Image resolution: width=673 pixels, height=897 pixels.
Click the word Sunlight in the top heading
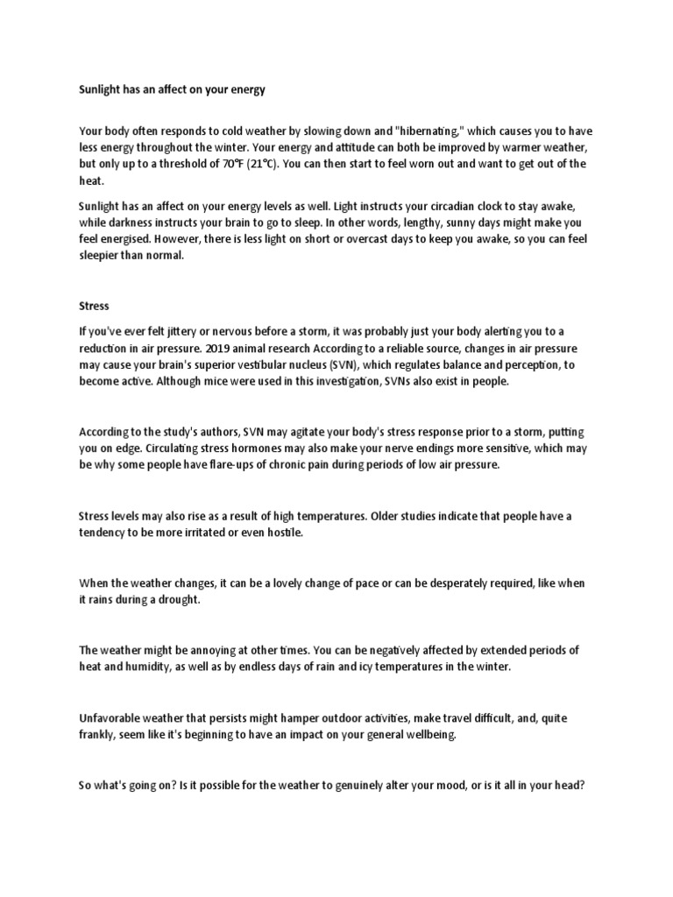[100, 89]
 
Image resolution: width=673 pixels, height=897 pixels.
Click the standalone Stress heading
[94, 307]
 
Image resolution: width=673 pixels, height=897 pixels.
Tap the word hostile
[282, 533]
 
